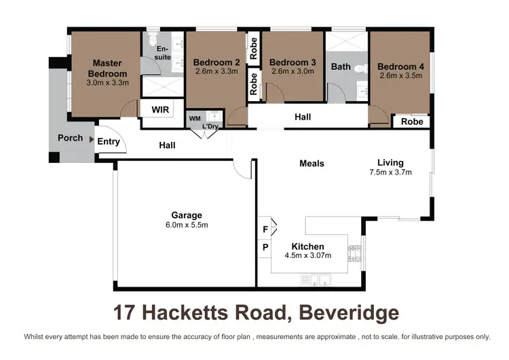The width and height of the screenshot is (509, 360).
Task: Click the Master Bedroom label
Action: (107, 69)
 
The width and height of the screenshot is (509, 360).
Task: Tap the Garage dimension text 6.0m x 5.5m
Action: (186, 225)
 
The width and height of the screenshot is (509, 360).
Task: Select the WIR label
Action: (160, 109)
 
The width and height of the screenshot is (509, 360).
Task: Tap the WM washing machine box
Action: (194, 118)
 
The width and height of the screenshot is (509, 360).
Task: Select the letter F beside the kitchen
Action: (265, 230)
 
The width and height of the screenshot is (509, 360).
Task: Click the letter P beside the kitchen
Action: (265, 247)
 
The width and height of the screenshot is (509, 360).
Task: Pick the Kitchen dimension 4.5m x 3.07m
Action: (307, 255)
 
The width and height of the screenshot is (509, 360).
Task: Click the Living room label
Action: (390, 162)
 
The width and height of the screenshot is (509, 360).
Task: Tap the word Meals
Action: (312, 163)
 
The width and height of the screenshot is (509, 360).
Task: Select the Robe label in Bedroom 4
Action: (412, 122)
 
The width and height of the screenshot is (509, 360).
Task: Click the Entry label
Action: (109, 141)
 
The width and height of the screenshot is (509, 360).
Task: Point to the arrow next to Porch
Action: (90, 138)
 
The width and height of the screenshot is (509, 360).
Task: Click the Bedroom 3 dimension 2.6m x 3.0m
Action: (293, 71)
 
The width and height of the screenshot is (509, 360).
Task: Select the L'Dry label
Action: (210, 126)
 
